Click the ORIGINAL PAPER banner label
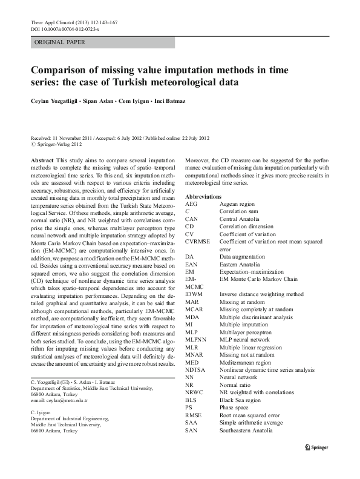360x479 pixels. pos(60,42)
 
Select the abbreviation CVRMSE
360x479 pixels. pos(198,241)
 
